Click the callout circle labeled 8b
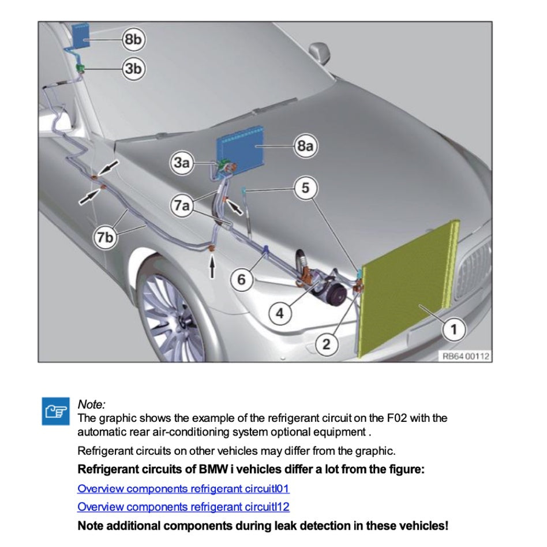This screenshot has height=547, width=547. coord(133,39)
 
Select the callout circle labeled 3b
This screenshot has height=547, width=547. coord(133,69)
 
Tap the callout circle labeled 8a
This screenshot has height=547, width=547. coord(306,147)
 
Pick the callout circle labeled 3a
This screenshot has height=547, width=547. coord(182,163)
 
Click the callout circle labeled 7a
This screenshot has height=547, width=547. coord(182,205)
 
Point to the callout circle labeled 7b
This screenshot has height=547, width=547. coord(106,237)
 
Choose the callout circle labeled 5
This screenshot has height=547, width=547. coord(306,188)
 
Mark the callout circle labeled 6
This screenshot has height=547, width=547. coord(242,280)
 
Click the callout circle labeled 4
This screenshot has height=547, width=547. coord(280,313)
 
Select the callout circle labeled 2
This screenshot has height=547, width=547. coord(327,344)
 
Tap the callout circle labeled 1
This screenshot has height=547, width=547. coord(454,329)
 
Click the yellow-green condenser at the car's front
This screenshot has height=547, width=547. coord(407,289)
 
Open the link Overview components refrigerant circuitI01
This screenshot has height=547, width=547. coord(183,489)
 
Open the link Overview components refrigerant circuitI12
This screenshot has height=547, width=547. coord(183,507)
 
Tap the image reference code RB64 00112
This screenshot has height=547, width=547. coord(466,356)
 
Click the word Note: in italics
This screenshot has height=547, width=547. coord(92,404)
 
